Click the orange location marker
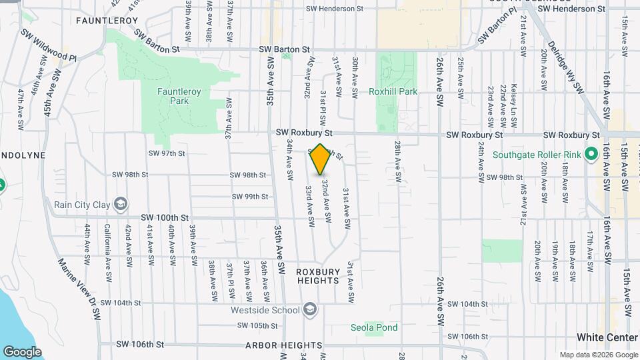tap(321, 159)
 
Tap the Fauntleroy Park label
tap(173, 96)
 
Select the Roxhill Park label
tap(397, 91)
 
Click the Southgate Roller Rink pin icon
tap(591, 155)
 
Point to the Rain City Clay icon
tap(121, 203)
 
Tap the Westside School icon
tap(309, 309)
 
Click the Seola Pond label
tap(374, 327)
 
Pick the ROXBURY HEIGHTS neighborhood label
tap(318, 277)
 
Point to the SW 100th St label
tap(165, 217)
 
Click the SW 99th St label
tap(250, 197)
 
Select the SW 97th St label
tap(166, 153)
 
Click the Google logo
tap(22, 352)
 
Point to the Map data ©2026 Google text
tap(599, 355)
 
